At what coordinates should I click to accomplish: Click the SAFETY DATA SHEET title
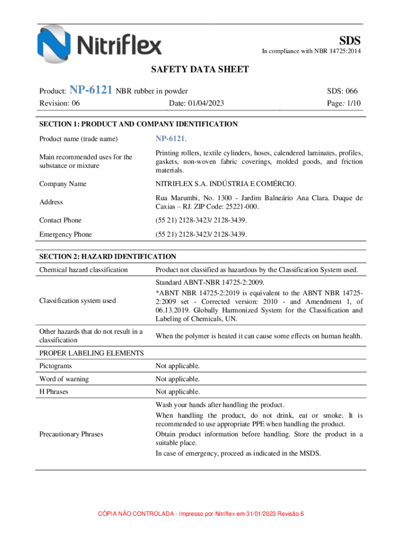pyautogui.click(x=200, y=69)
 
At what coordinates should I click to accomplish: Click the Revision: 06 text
pyautogui.click(x=60, y=103)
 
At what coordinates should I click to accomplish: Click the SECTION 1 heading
pyautogui.click(x=138, y=124)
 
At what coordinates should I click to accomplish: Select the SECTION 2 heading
pyautogui.click(x=108, y=257)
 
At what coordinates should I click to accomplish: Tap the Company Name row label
pyautogui.click(x=63, y=184)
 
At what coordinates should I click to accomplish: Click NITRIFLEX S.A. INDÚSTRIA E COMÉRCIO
pyautogui.click(x=226, y=184)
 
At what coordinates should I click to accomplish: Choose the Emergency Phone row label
pyautogui.click(x=65, y=235)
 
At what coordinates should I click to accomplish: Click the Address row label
pyautogui.click(x=51, y=202)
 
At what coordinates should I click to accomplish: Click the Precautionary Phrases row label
pyautogui.click(x=71, y=434)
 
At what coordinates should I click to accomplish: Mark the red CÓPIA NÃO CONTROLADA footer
pyautogui.click(x=201, y=514)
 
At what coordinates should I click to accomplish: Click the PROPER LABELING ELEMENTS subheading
pyautogui.click(x=91, y=353)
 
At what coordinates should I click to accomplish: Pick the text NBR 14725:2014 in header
pyautogui.click(x=335, y=51)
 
